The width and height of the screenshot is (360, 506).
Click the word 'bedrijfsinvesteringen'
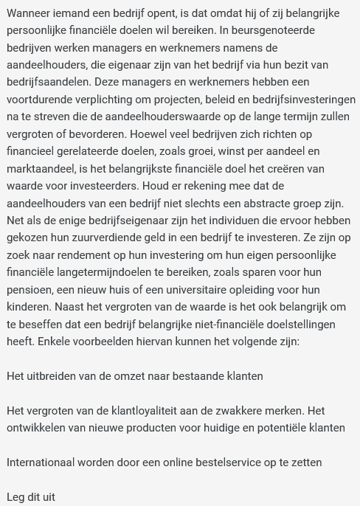pos(299,100)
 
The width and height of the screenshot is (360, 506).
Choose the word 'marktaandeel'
pos(40,169)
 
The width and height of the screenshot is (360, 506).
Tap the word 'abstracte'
pos(262,204)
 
